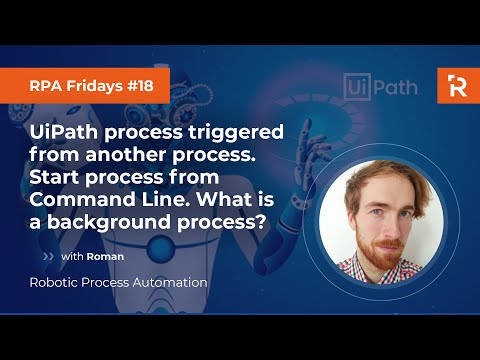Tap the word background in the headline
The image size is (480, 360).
pyautogui.click(x=121, y=220)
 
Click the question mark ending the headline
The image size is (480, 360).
pyautogui.click(x=262, y=220)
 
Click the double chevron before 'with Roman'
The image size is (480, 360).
pyautogui.click(x=49, y=256)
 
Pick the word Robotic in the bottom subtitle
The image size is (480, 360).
pyautogui.click(x=54, y=283)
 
